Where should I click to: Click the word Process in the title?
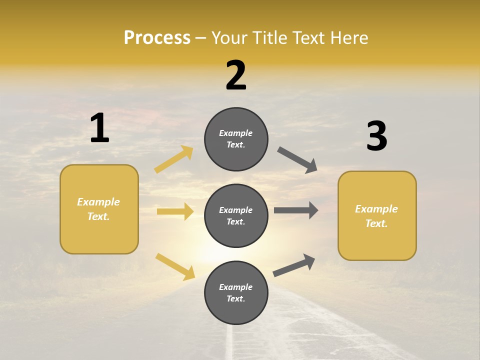157,38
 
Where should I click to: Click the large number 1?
99,128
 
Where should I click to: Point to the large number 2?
236,75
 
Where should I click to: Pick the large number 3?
376,136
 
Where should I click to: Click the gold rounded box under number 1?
99,209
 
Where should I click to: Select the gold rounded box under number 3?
377,216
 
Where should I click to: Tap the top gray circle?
236,139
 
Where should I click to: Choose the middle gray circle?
236,215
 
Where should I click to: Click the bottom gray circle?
236,292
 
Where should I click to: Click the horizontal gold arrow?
175,211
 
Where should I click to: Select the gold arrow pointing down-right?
175,266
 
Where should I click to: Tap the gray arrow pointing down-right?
297,159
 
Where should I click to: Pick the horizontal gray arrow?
296,210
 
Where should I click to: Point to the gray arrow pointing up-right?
294,265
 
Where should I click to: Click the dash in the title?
201,38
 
